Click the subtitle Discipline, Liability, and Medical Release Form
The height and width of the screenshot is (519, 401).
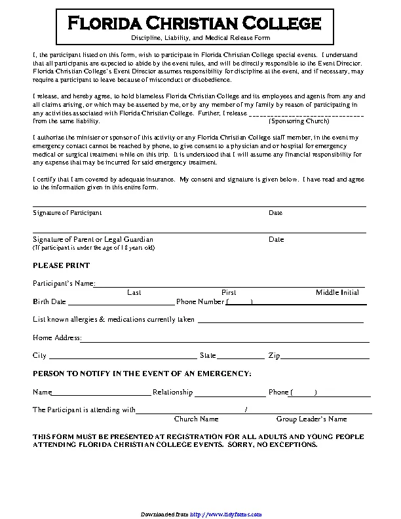coord(200,39)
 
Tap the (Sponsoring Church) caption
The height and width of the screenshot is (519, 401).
coord(299,121)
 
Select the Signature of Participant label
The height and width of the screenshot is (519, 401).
coord(67,213)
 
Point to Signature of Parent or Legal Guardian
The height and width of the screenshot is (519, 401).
coord(93,239)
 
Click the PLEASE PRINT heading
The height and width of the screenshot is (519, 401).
coord(62,265)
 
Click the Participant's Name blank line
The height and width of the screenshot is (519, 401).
coord(229,284)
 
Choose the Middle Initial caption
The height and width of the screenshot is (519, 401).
coord(337,292)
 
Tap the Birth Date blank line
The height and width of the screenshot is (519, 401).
coord(121,303)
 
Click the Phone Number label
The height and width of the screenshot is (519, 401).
coord(200,302)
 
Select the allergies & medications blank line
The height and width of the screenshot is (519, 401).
coord(280,321)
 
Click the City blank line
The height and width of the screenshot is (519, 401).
coord(122,357)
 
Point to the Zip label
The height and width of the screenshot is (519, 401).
coord(274,356)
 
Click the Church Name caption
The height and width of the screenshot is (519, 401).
coord(196,419)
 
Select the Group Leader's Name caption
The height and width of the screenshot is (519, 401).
coord(311,419)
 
